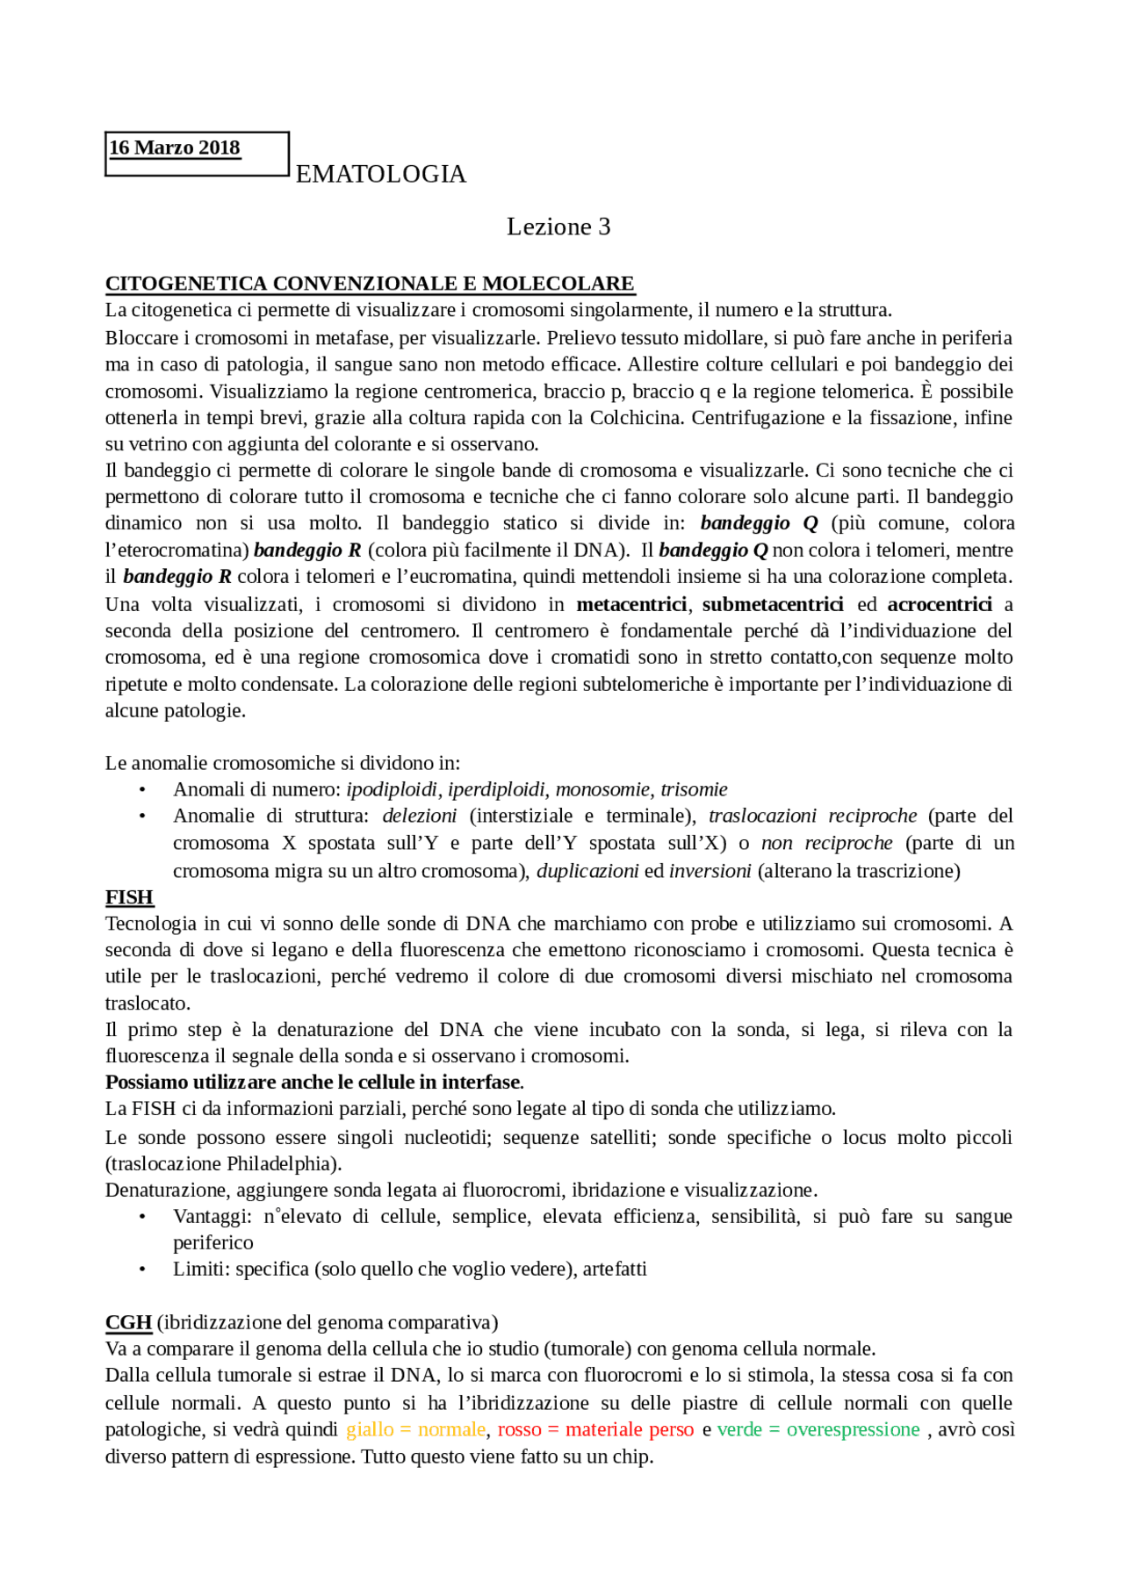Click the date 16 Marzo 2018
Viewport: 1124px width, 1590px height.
click(174, 147)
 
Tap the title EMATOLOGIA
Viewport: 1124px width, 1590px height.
click(380, 174)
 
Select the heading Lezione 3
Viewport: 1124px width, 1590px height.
click(558, 227)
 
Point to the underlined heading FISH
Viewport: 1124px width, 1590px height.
click(129, 897)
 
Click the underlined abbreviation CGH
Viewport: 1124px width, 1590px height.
click(128, 1322)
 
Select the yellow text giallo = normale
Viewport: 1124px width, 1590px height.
click(415, 1429)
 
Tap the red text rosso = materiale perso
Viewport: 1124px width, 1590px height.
click(595, 1429)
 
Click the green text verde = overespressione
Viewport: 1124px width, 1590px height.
click(818, 1429)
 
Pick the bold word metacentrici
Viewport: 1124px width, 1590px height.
click(631, 604)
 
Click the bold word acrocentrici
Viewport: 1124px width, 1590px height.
click(940, 604)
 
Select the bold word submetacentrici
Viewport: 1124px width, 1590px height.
click(773, 604)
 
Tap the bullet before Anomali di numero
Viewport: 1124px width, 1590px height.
click(142, 790)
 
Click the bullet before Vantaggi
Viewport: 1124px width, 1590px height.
click(142, 1217)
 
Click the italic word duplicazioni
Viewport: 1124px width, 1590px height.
click(587, 871)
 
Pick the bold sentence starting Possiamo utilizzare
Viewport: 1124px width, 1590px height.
click(313, 1083)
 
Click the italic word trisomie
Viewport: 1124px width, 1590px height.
click(694, 789)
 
